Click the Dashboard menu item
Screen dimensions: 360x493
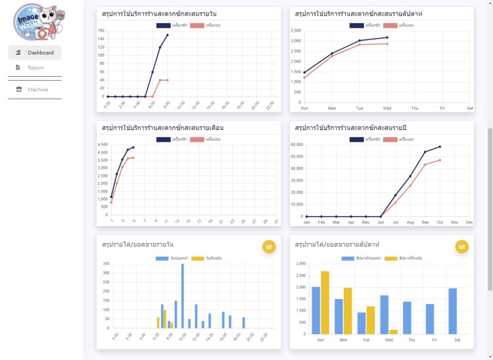35,53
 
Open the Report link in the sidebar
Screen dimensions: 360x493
35,67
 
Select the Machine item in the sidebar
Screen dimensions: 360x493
37,89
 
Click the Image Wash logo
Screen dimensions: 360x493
35,21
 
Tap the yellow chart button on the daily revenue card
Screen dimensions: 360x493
268,246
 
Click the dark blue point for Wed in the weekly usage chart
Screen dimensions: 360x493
387,37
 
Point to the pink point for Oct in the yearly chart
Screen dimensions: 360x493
440,160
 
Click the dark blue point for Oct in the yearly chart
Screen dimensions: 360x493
440,146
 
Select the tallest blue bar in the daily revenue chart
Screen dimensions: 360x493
182,296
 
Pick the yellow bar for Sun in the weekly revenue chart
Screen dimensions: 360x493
325,302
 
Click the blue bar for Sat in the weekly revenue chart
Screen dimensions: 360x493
452,311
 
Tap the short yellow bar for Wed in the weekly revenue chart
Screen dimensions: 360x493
393,331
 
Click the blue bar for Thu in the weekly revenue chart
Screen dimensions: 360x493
407,317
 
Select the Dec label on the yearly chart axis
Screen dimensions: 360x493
469,223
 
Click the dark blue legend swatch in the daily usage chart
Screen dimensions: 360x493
163,25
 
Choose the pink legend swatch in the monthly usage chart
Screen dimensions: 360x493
197,139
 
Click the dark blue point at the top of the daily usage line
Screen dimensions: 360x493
167,35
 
